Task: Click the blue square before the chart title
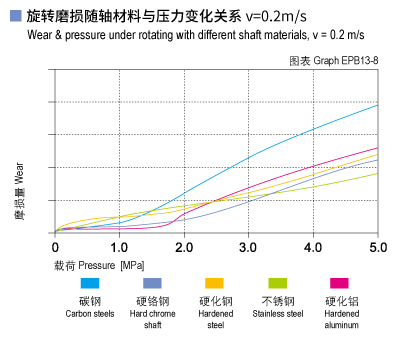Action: [14, 15]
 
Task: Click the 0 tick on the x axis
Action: [56, 246]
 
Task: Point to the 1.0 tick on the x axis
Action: [119, 246]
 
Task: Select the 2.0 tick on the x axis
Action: [184, 246]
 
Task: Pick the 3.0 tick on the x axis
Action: [249, 246]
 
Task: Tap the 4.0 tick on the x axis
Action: [313, 246]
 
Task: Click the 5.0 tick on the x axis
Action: [377, 246]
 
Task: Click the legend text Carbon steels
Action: [90, 313]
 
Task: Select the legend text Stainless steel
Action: [276, 313]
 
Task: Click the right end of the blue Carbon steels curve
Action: [377, 105]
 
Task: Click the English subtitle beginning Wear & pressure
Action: [170, 37]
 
